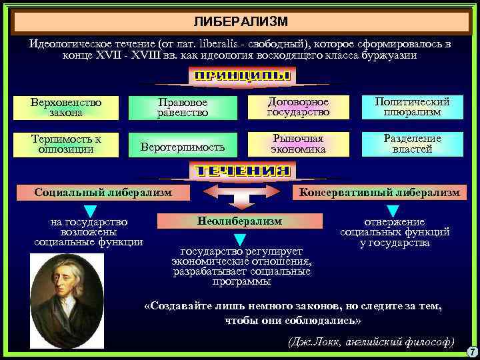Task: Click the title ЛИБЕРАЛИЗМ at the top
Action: [x=241, y=21]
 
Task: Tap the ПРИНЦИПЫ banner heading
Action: [x=242, y=75]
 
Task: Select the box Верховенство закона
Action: [x=66, y=107]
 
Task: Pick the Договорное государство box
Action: [x=298, y=107]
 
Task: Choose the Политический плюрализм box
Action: [x=412, y=107]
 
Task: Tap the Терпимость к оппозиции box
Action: [x=66, y=144]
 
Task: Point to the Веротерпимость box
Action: [x=182, y=145]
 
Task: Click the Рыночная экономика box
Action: [x=298, y=144]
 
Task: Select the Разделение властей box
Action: [x=412, y=144]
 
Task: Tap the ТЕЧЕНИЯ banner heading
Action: [x=242, y=171]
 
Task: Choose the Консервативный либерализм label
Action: [x=379, y=193]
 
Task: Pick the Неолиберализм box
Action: [x=240, y=221]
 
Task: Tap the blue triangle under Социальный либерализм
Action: [x=90, y=211]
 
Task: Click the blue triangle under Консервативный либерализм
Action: [x=394, y=211]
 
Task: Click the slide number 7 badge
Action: [x=471, y=351]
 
